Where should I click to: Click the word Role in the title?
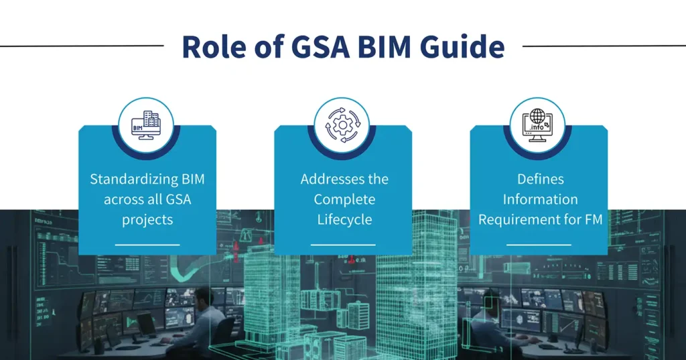tap(212, 46)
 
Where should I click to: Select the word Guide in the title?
tap(464, 46)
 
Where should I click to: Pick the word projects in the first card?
tap(147, 219)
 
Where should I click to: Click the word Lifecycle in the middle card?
tap(344, 219)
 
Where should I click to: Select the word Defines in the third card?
tap(540, 179)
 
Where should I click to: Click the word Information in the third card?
tap(540, 199)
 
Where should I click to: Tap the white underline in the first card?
tap(147, 245)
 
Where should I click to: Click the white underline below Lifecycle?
tap(343, 245)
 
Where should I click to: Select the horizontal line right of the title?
tap(603, 46)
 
